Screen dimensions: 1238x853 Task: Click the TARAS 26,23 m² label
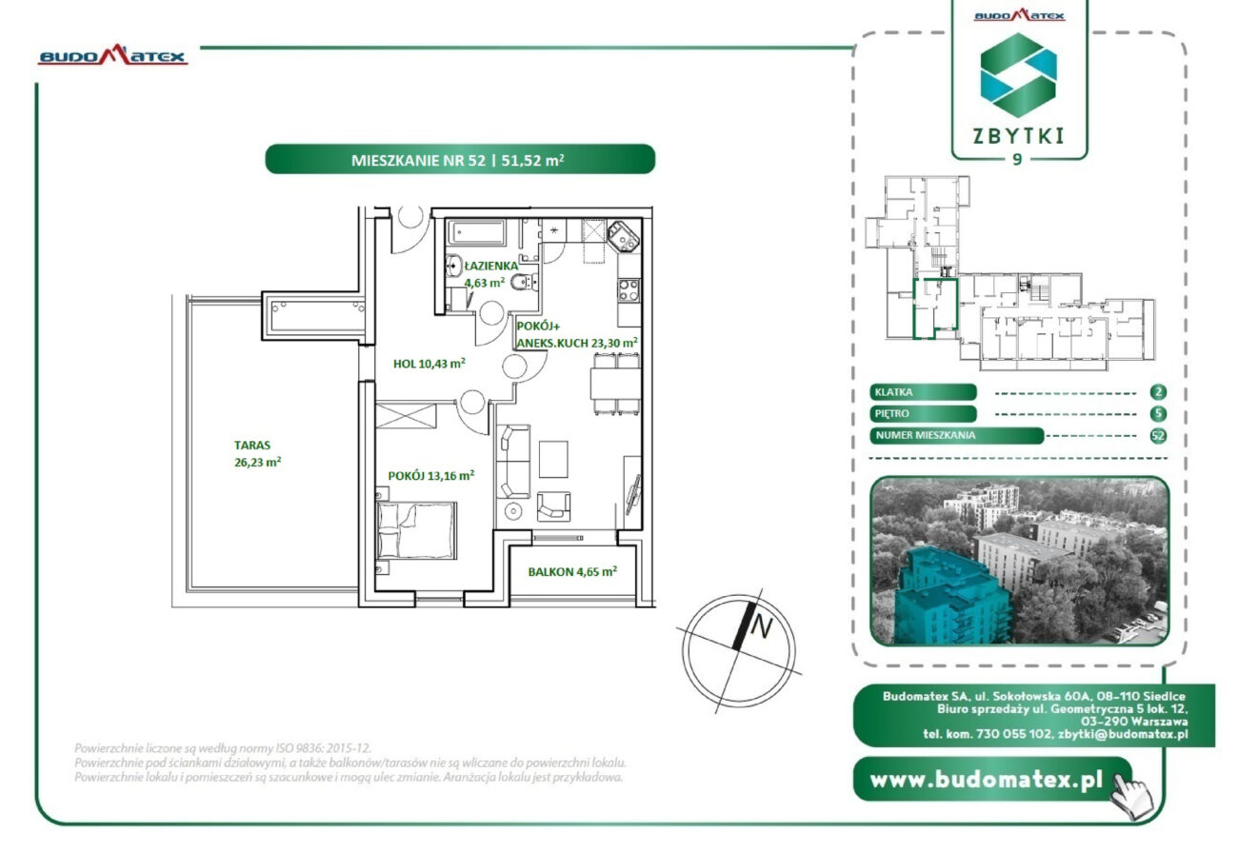pos(257,453)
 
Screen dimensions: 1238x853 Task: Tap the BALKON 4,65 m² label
pos(572,572)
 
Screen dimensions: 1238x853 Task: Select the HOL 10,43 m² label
pos(429,364)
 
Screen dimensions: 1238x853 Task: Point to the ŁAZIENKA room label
pos(490,266)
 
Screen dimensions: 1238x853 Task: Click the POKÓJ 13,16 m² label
pos(431,476)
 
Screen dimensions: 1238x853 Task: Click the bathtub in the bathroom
pos(476,232)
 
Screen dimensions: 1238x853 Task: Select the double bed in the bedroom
pos(417,530)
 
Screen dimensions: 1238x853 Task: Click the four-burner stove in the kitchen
pos(629,290)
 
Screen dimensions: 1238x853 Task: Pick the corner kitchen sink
pos(624,236)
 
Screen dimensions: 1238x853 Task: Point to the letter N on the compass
pos(761,626)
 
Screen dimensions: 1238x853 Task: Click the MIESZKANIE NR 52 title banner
pos(460,160)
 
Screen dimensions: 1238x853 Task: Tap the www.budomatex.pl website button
pos(992,780)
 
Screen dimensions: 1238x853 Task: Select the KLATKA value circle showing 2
pos(1158,392)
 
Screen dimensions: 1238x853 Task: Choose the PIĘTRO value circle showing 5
pos(1158,414)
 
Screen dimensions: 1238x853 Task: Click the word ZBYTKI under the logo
pos(1018,136)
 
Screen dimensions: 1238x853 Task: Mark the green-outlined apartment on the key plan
pos(934,308)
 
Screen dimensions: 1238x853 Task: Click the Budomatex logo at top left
pos(112,55)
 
